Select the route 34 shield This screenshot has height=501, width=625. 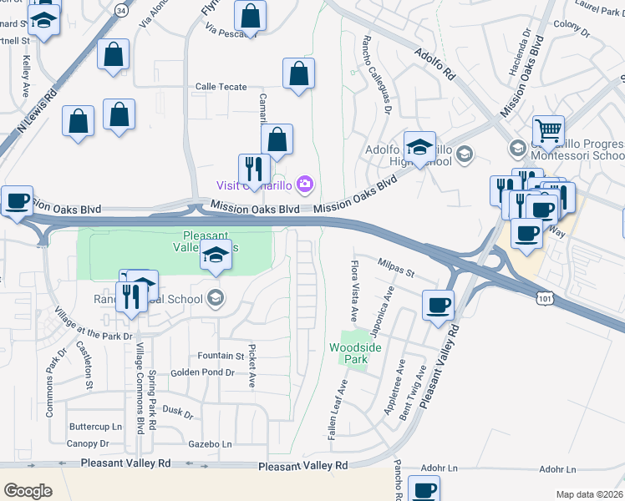(121, 11)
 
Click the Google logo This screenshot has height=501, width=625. (28, 491)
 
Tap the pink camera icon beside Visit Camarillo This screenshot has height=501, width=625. (305, 184)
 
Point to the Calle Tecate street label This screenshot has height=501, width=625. (221, 87)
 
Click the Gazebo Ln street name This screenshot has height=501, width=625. (210, 444)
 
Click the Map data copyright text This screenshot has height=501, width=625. (589, 494)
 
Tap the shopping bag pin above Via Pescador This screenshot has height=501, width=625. (250, 14)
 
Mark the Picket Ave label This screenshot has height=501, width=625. (251, 366)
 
